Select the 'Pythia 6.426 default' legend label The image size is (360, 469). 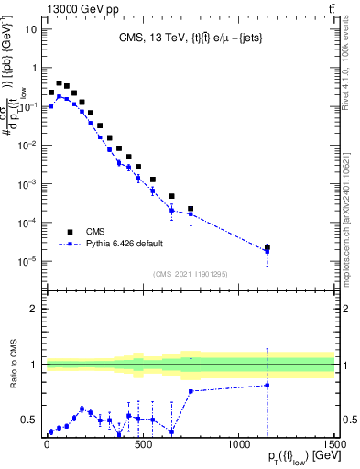[131, 244]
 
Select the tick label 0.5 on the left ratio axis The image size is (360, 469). [29, 420]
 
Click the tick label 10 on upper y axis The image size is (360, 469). [30, 28]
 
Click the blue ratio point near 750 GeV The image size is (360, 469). [191, 391]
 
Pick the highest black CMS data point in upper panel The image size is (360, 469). [59, 82]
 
